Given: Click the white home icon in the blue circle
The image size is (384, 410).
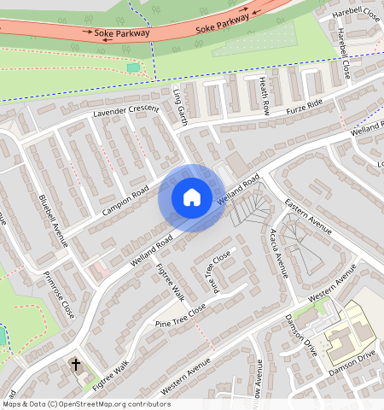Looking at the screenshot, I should click(192, 197).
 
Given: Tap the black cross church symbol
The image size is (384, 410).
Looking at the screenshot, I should click(75, 365).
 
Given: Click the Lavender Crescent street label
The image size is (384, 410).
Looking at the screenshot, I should click(126, 111).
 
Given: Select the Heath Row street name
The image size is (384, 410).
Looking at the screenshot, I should click(265, 94).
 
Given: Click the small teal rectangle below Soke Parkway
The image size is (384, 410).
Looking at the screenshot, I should click(133, 67).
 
